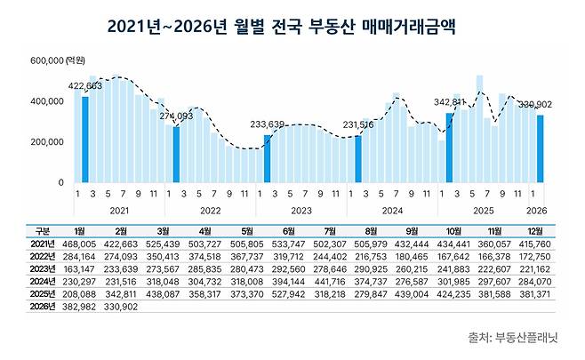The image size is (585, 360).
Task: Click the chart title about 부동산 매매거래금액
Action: (x=292, y=26)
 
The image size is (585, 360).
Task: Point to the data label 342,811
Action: (x=451, y=103)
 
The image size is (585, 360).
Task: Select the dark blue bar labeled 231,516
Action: (x=358, y=158)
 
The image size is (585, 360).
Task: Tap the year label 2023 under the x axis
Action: (x=301, y=211)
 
